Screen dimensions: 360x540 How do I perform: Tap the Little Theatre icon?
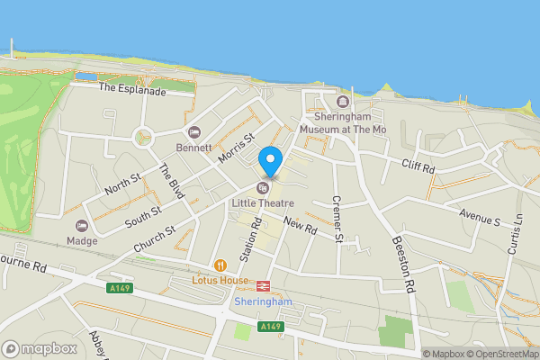(x=262, y=188)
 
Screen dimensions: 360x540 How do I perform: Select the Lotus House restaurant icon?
(x=220, y=265)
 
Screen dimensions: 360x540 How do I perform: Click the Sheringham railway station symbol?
(x=263, y=286)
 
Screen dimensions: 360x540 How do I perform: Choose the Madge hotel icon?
(x=82, y=225)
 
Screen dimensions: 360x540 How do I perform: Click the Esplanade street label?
(x=132, y=89)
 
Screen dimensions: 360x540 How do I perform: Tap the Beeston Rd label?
(x=403, y=264)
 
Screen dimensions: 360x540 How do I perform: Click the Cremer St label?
(x=337, y=218)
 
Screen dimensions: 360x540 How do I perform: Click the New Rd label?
(x=300, y=226)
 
